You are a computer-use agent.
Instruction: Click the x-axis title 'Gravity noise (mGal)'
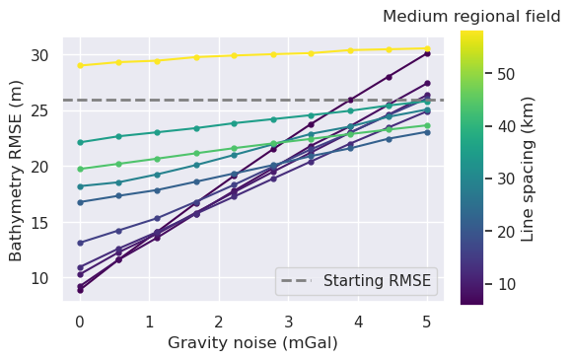click(x=253, y=343)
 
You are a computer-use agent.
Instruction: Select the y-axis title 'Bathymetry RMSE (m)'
click(x=17, y=170)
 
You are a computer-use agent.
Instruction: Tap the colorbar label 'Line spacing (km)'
click(x=528, y=169)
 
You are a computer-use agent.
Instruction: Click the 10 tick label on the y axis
click(x=46, y=278)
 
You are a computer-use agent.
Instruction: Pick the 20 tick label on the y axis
click(x=46, y=167)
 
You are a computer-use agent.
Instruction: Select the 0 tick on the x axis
click(x=80, y=321)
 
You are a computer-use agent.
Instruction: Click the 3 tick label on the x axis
click(x=288, y=321)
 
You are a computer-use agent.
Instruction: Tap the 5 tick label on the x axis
click(x=427, y=321)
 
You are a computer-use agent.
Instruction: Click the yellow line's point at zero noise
click(x=80, y=66)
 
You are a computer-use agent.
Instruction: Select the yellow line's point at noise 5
click(x=427, y=48)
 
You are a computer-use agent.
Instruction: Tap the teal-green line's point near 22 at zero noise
click(x=80, y=143)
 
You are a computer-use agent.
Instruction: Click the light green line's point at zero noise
click(x=80, y=169)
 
